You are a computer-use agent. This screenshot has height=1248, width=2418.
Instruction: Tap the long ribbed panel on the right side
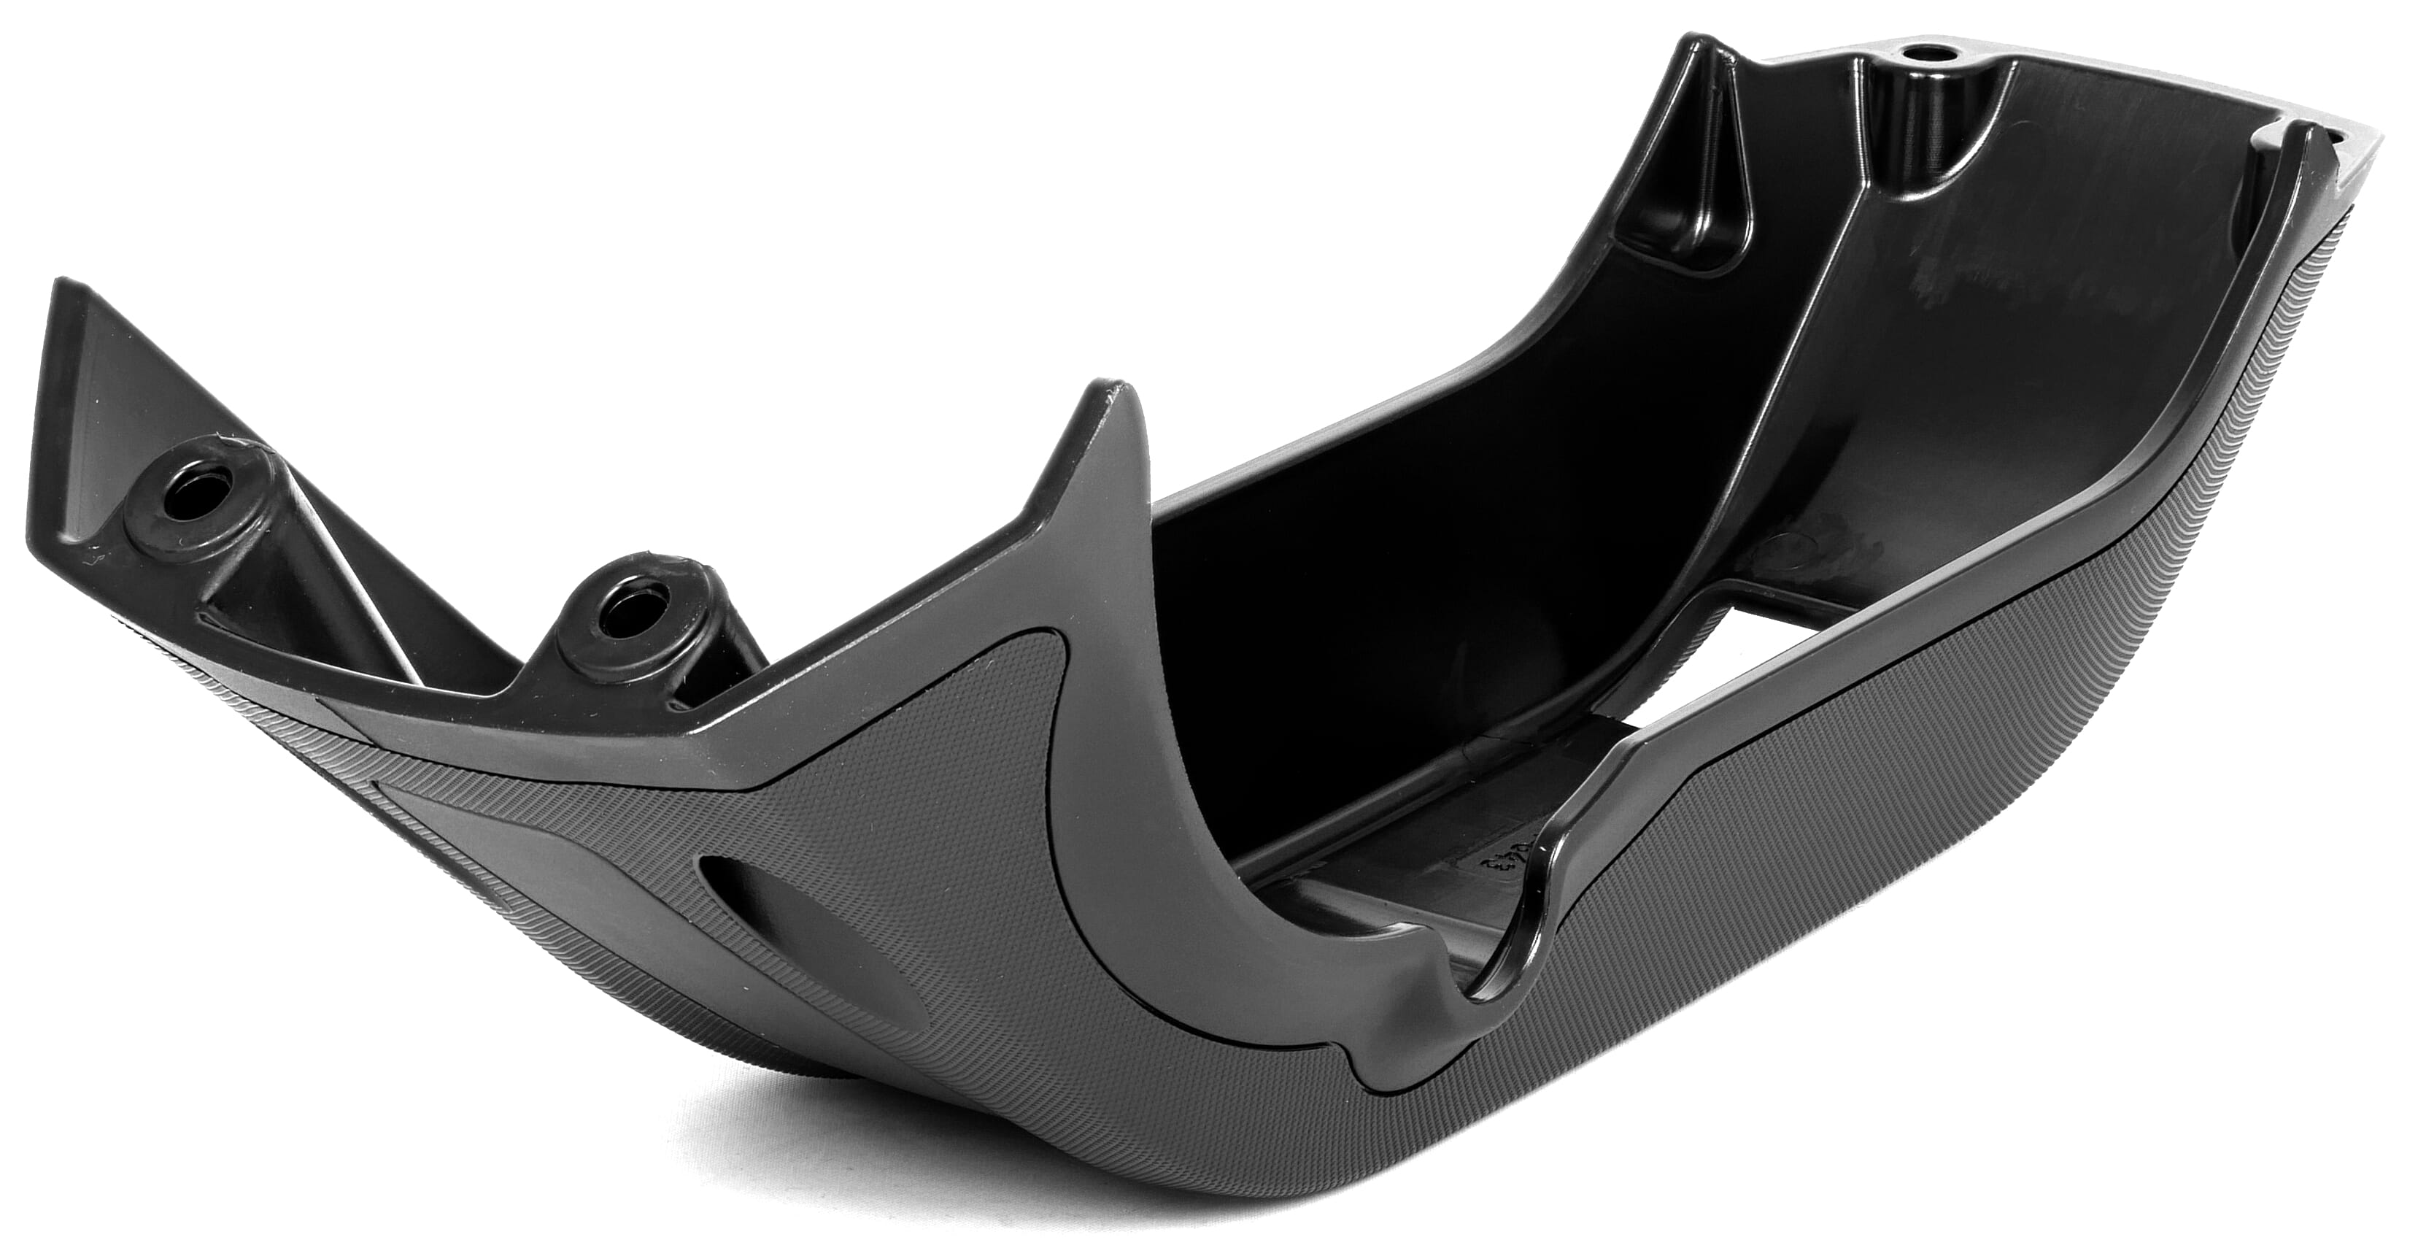coord(2065,751)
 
